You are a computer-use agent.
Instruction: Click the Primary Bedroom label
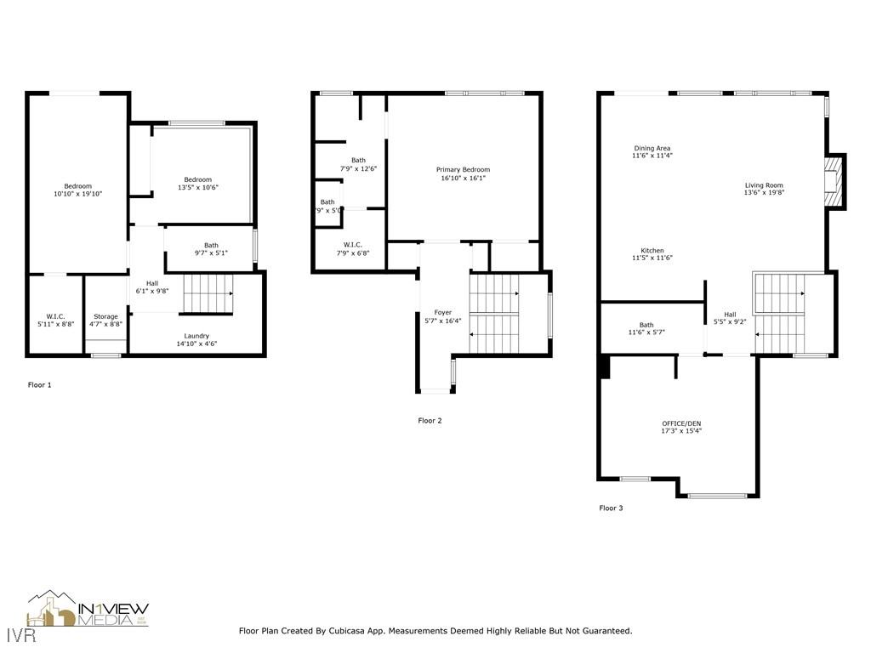463,170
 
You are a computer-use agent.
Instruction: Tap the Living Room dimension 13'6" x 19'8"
764,193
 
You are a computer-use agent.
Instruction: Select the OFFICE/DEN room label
681,423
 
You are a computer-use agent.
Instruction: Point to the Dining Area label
652,148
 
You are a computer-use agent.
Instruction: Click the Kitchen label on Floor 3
652,251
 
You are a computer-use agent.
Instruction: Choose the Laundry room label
196,336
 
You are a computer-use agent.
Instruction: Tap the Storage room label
105,316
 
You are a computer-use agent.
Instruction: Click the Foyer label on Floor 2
442,313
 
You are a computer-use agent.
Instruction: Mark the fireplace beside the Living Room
834,181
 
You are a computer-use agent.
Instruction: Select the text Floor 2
430,421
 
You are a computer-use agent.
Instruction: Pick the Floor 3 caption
611,508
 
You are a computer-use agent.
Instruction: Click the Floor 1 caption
40,385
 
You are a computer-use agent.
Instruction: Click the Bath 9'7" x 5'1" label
210,249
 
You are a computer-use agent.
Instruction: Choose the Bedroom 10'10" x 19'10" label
77,190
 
